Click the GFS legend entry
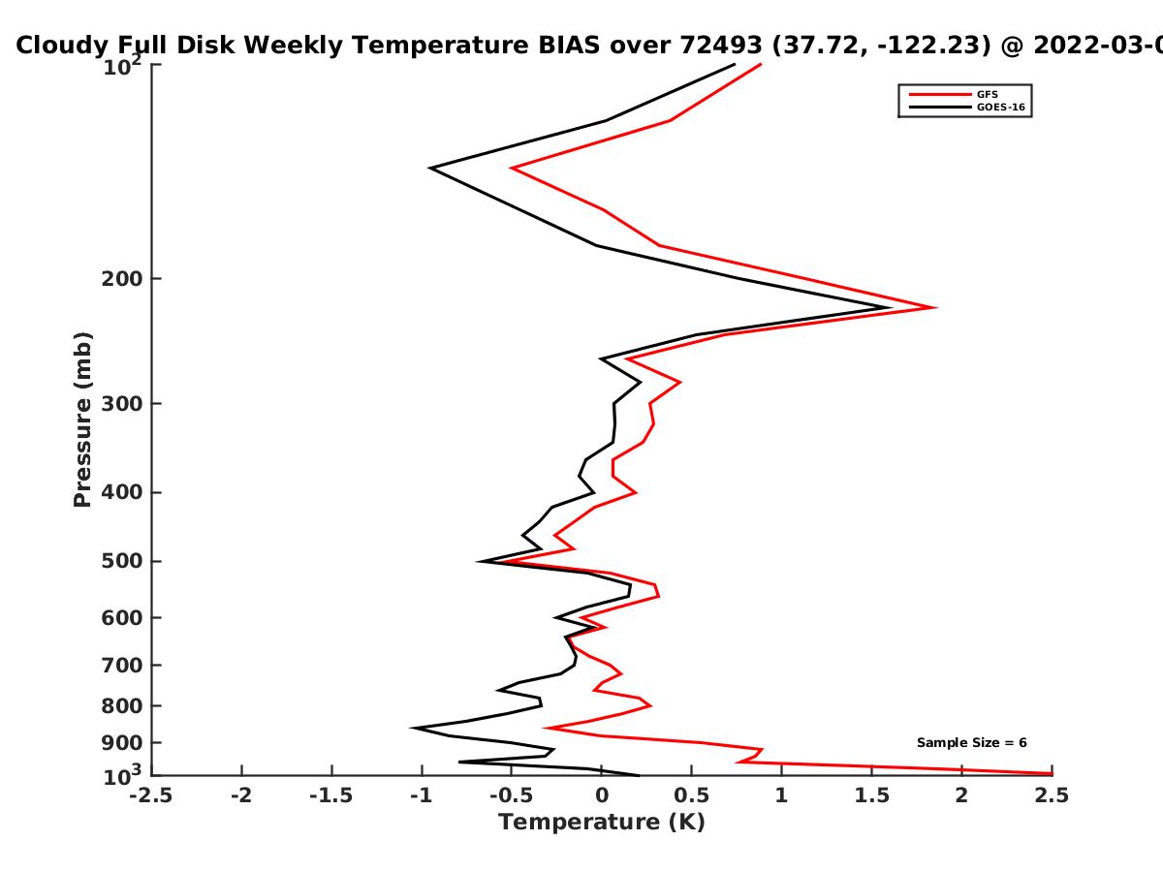tap(954, 94)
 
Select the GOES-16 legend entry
tap(967, 107)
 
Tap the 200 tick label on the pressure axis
tap(122, 278)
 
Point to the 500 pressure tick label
tap(122, 561)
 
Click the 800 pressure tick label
tap(122, 705)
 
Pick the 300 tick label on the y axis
tap(122, 403)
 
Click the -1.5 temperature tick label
tap(331, 795)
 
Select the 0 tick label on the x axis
tap(602, 795)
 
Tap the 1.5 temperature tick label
tap(871, 795)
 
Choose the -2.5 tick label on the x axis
tap(151, 795)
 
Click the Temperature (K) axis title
tap(602, 823)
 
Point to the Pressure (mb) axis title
tap(82, 420)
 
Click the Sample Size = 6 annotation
tap(972, 743)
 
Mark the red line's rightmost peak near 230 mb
tap(935, 307)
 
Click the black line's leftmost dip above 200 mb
tap(429, 168)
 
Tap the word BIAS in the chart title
tap(569, 46)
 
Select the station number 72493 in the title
tap(721, 46)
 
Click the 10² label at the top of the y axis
tap(122, 66)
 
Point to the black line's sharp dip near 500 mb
tap(478, 561)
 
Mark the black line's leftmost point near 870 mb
tap(412, 728)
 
